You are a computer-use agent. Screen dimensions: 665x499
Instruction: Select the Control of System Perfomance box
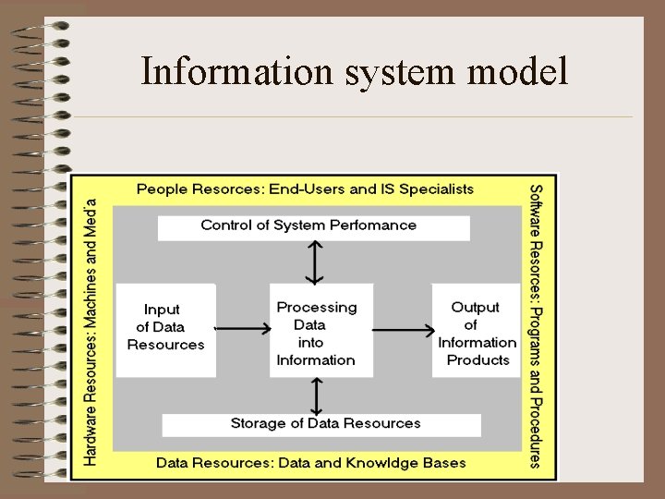point(313,226)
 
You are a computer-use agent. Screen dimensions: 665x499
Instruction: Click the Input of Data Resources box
point(165,329)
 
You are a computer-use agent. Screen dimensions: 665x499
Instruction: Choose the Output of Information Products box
point(477,331)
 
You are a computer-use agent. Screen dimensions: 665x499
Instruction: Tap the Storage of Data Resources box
point(321,424)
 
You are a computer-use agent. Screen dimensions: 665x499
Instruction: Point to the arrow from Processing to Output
point(404,328)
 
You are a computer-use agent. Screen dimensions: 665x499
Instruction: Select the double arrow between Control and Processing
point(315,262)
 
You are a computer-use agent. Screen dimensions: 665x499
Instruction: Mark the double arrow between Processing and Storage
point(316,396)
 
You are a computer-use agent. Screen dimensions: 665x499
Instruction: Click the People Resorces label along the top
point(305,189)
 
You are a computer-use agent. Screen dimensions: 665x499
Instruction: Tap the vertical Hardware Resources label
point(92,330)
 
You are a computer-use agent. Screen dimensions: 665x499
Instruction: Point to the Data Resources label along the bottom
point(310,463)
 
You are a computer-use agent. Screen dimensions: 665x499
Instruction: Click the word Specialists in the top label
point(438,189)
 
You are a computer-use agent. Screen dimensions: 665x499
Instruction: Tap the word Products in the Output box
point(478,360)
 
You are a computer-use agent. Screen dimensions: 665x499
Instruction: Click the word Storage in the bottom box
point(258,424)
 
